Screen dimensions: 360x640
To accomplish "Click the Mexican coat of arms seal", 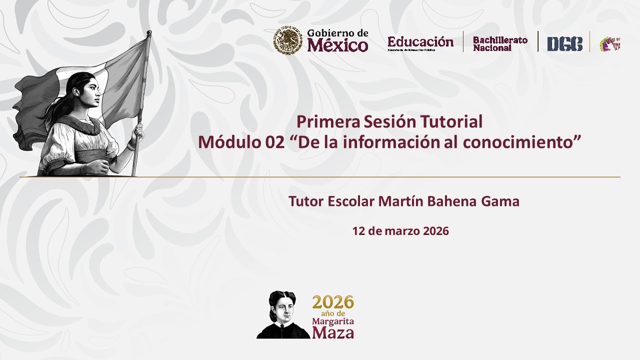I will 287,41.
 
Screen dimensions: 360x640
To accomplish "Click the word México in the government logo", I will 337,46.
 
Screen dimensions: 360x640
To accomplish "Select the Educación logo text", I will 420,42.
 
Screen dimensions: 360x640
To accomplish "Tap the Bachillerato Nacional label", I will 500,44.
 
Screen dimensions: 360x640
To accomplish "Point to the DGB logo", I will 564,44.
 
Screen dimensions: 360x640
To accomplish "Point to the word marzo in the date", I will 402,231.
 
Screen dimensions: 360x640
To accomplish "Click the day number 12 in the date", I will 358,231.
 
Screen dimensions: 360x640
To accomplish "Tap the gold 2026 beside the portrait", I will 333,302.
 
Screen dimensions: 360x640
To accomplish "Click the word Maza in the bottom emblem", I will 333,332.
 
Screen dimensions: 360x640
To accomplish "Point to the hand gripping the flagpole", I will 137,132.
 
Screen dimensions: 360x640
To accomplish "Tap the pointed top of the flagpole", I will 148,33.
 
